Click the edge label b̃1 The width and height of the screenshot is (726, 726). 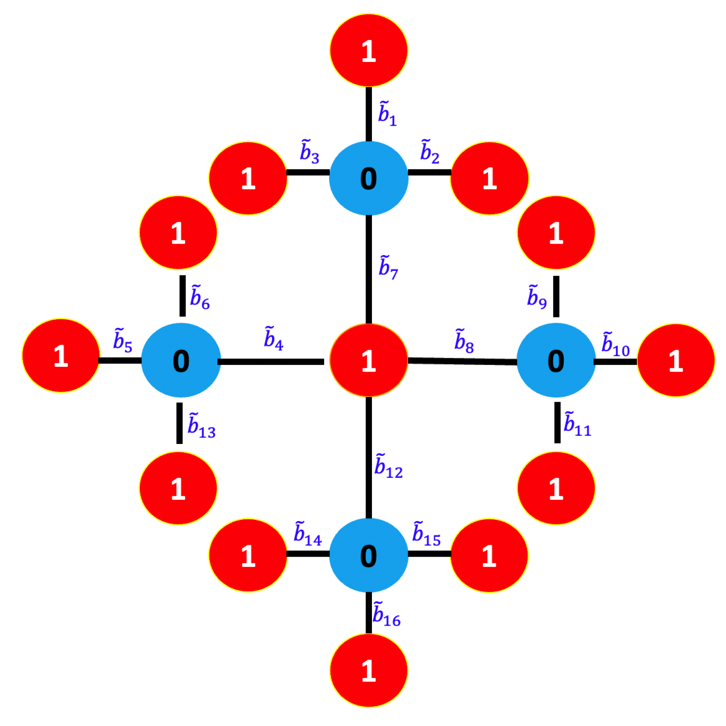(387, 113)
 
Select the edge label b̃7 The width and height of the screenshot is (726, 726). (388, 267)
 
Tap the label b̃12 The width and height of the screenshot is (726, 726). (388, 466)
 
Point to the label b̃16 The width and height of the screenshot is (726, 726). (386, 614)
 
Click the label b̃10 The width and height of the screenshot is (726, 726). (615, 345)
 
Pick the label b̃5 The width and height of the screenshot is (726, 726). (122, 341)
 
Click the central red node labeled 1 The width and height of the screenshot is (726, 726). (369, 360)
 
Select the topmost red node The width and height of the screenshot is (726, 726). (369, 50)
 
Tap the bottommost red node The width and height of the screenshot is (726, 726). (369, 670)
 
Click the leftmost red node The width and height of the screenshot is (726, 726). (61, 356)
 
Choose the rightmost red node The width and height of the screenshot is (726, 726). (676, 360)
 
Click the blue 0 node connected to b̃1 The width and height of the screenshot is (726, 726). (369, 178)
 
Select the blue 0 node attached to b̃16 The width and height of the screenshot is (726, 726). (369, 556)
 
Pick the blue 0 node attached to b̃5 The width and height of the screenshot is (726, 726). (181, 360)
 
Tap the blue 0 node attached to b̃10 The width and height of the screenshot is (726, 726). (556, 360)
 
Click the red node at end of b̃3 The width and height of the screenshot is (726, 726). (248, 178)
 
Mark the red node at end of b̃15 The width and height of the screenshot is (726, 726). (489, 556)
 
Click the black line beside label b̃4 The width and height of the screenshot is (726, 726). (270, 362)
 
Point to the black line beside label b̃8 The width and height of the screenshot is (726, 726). (462, 361)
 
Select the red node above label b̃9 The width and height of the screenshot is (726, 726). (556, 232)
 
